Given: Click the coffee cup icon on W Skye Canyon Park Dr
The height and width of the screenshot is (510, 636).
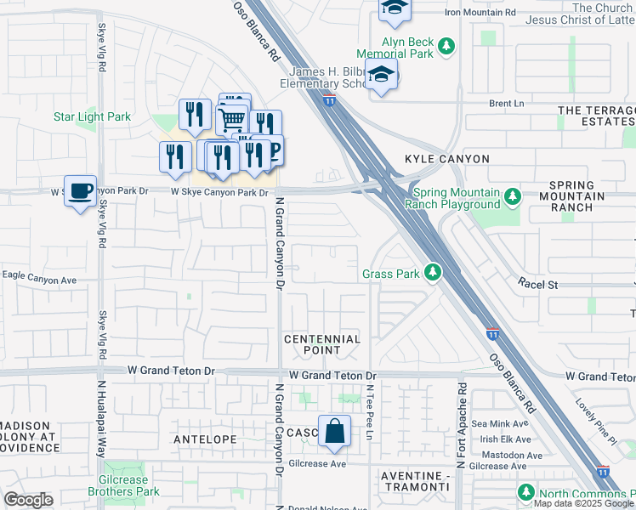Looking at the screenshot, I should (80, 191).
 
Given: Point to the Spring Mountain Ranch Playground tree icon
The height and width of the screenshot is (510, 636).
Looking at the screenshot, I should (512, 197).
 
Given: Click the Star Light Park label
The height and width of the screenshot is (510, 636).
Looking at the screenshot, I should (92, 116).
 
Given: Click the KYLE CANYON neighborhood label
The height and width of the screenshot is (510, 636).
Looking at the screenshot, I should (447, 159).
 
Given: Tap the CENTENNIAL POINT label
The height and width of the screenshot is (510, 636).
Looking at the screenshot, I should (322, 344).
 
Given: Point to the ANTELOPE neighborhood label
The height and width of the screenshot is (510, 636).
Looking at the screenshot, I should (204, 439).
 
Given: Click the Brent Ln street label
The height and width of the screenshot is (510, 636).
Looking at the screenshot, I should (506, 103).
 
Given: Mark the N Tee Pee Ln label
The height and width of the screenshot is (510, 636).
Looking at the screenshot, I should (370, 411).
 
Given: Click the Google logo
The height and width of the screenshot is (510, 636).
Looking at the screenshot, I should (29, 500).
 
